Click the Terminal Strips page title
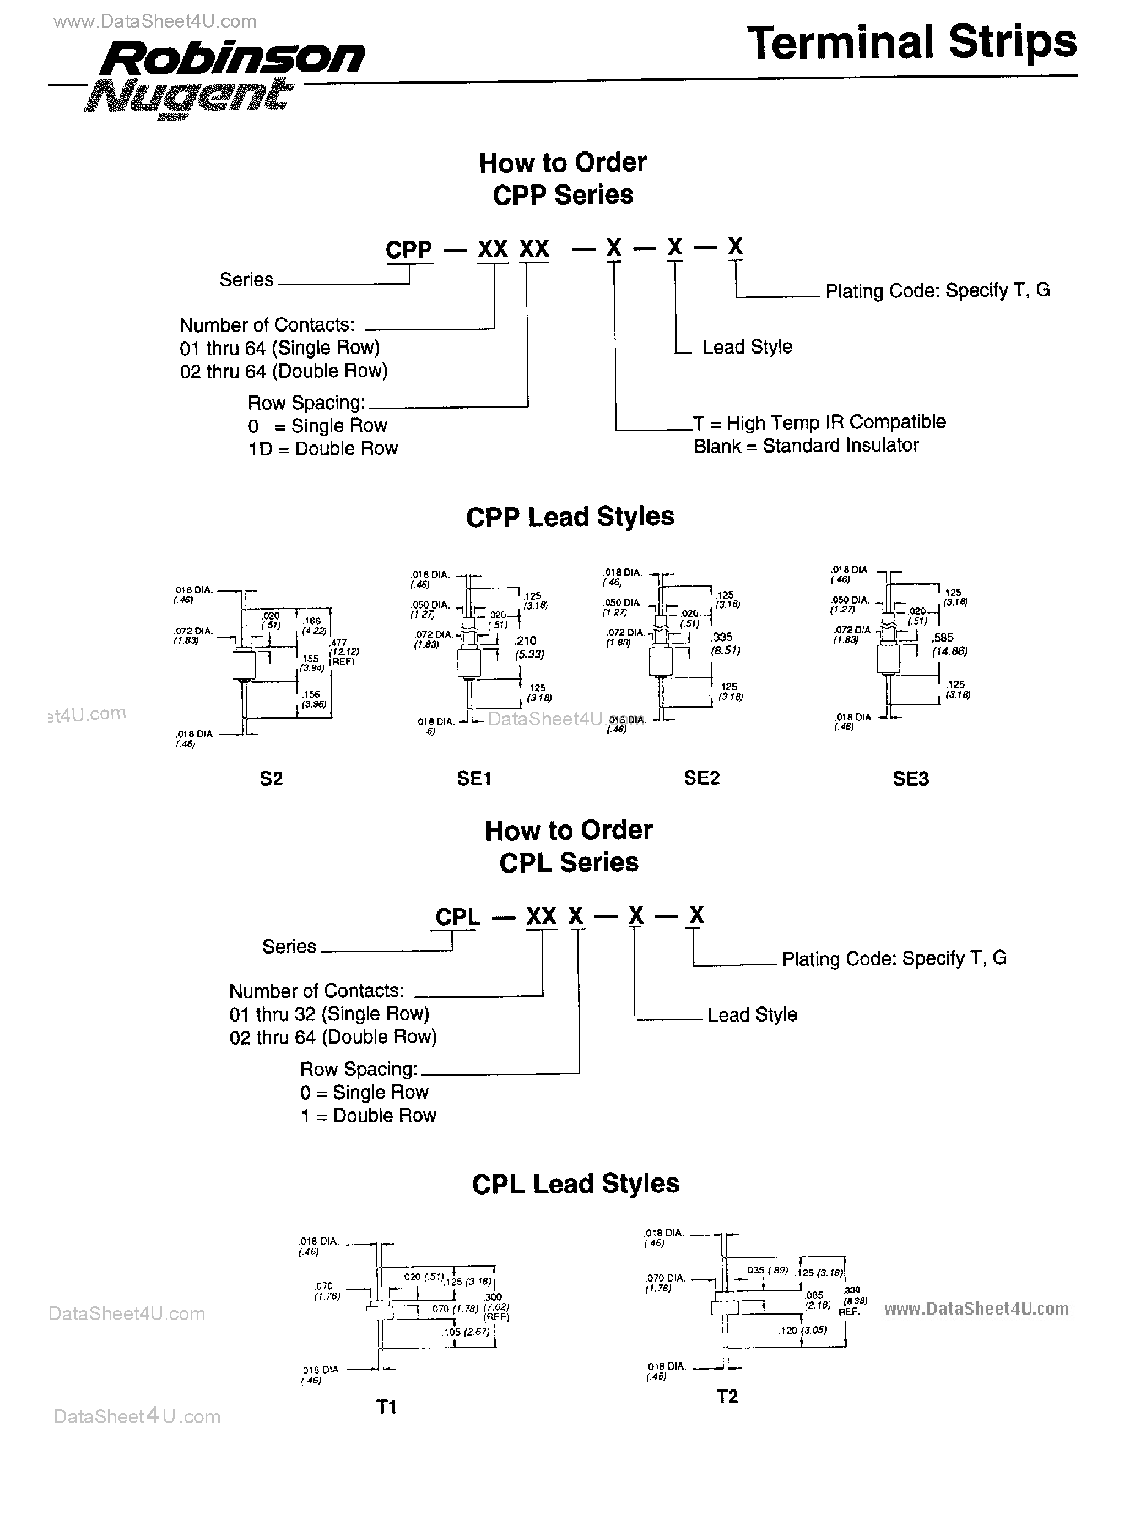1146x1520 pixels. tap(912, 42)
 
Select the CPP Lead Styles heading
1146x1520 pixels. tap(569, 517)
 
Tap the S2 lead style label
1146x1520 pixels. tap(271, 779)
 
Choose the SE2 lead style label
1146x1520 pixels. tap(701, 777)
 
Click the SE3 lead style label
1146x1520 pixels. tap(910, 779)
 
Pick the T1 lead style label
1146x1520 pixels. tap(387, 1407)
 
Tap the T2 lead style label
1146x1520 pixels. tap(727, 1396)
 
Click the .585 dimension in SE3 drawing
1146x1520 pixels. tap(943, 638)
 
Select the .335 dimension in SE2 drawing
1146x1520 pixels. tap(722, 638)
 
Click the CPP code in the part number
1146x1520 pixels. tap(408, 249)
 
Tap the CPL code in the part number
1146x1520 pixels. tap(458, 916)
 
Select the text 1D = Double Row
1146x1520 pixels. tap(322, 449)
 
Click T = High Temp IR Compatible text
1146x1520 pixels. tap(819, 422)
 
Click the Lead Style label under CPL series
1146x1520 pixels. tap(752, 1015)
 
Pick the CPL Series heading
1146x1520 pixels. tap(569, 862)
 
